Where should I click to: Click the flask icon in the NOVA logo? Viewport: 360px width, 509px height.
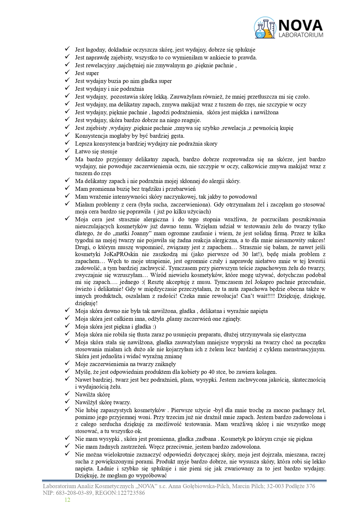click(265, 28)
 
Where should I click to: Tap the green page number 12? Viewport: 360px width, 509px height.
click(67, 499)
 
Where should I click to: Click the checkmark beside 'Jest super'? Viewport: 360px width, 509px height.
click(67, 73)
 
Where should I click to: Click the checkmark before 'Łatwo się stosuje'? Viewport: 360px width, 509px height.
click(67, 151)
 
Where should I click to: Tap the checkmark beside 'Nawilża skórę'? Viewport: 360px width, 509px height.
click(67, 394)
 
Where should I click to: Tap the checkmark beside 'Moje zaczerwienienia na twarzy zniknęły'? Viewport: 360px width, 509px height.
click(67, 363)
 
